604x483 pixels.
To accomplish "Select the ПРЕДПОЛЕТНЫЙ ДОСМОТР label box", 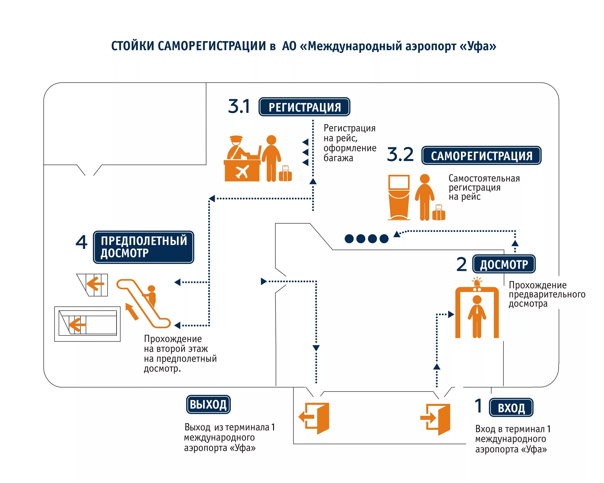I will [143, 247].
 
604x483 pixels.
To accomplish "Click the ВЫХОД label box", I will [208, 404].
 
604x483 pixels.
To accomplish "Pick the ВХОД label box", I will [511, 408].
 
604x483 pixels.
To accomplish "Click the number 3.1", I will [239, 107].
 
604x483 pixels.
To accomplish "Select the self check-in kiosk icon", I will [399, 197].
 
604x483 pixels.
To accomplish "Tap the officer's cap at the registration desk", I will [236, 138].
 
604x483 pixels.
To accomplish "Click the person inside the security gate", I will [477, 316].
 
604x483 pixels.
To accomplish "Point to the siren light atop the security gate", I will [477, 281].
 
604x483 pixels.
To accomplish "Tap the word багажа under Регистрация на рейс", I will [338, 158].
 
